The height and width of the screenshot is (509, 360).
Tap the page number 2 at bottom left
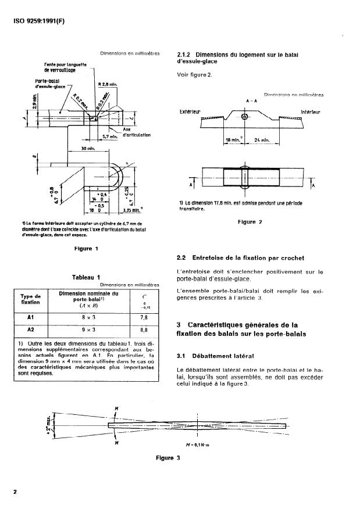tap(14, 492)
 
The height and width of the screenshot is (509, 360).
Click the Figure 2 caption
tap(250, 222)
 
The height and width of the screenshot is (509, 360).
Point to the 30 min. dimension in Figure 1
tap(88, 149)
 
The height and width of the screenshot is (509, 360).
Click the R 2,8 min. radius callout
tap(108, 85)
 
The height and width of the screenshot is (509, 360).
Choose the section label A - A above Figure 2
tap(248, 101)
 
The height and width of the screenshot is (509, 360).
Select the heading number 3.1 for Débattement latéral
tap(184, 356)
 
